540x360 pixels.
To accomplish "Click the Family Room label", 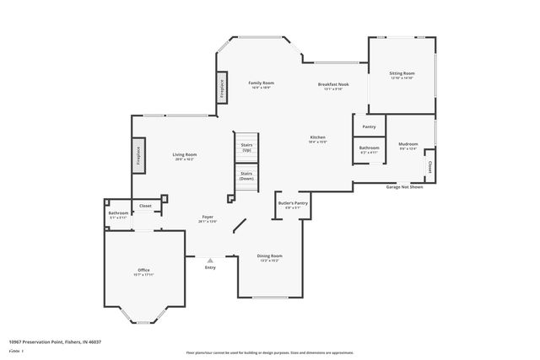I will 261,83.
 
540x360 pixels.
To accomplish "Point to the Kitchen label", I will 317,137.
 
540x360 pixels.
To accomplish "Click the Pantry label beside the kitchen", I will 369,126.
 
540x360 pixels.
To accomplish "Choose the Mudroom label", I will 408,144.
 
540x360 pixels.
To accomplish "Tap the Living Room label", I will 185,154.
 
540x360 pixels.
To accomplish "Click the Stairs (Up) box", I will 247,148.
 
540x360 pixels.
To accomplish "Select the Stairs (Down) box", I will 246,177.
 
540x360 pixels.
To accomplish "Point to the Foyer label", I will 208,218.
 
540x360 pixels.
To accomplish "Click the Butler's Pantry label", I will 293,203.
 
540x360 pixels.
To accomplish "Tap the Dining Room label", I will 270,255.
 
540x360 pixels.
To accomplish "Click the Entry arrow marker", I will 210,261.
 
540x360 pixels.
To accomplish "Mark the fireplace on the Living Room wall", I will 137,157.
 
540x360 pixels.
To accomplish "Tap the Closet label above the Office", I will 145,205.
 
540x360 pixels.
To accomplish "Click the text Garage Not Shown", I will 404,186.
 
